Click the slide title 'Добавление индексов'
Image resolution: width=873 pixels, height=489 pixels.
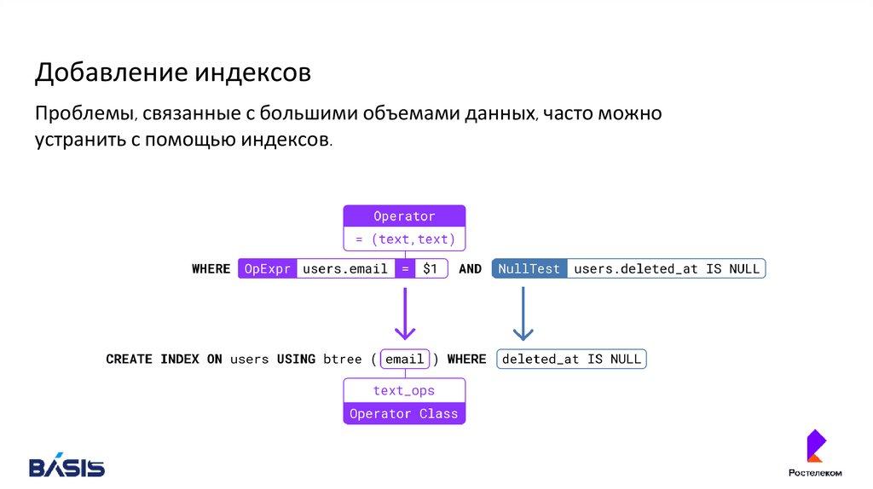172,73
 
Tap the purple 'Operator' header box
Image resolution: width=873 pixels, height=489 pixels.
404,216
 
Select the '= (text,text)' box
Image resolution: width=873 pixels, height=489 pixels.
404,239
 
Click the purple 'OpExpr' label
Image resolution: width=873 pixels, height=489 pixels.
267,269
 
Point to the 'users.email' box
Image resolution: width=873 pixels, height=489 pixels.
345,269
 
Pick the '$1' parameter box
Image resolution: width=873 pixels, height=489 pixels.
431,269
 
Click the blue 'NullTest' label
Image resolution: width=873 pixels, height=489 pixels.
529,269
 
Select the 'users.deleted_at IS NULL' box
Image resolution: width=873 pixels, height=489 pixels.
666,269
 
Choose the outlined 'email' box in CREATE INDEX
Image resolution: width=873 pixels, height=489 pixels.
404,360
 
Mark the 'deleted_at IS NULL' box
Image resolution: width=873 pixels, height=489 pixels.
571,360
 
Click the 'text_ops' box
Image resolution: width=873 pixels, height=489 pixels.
404,391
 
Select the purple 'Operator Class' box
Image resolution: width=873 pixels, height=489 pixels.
404,414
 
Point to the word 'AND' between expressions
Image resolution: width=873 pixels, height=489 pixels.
470,269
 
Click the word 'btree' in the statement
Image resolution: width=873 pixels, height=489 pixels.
343,360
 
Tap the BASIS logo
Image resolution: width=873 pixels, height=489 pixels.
66,466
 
